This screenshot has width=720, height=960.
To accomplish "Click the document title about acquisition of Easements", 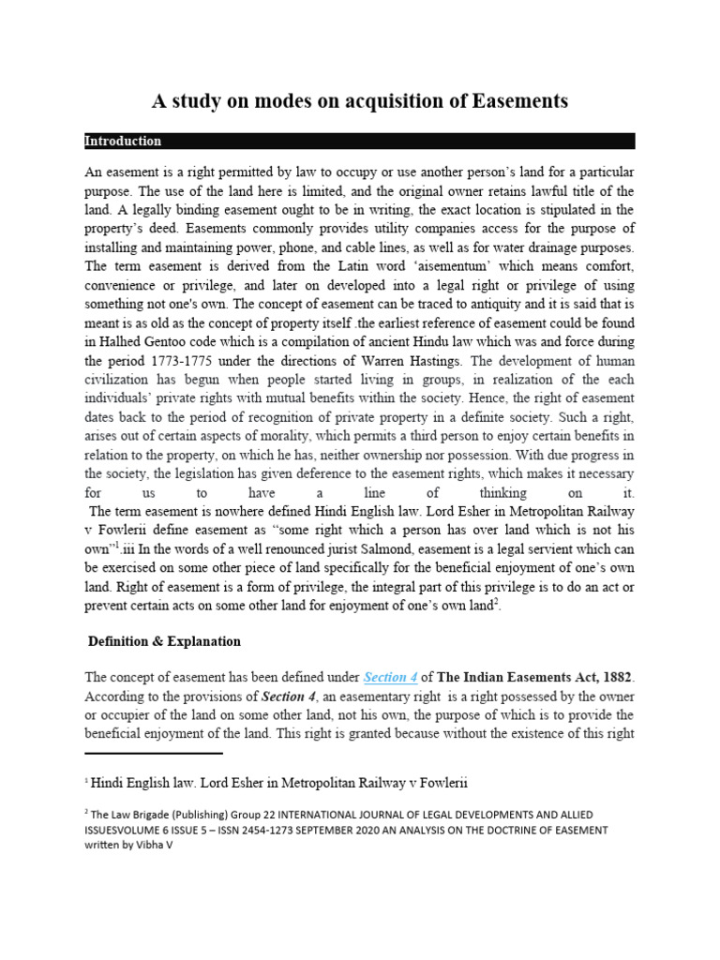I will [x=360, y=99].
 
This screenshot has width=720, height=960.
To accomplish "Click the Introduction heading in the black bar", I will [x=123, y=142].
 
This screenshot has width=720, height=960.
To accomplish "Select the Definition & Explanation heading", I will [x=164, y=642].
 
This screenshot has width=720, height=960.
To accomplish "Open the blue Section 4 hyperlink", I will [x=391, y=677].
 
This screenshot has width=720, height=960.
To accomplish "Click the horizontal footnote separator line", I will [x=154, y=753].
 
